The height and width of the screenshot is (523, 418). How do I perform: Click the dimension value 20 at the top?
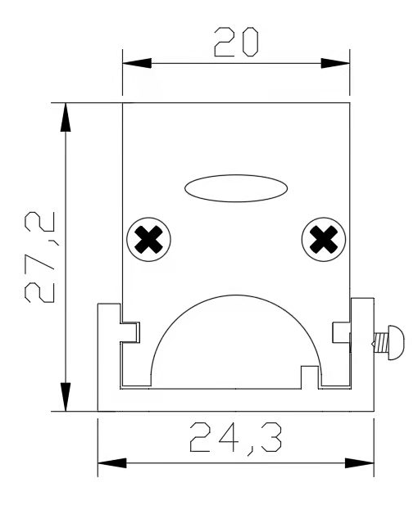tap(234, 41)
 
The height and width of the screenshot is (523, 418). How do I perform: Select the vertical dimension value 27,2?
tap(39, 257)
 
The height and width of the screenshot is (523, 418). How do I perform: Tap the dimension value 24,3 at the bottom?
tap(235, 440)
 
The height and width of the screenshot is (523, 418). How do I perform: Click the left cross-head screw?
tap(148, 240)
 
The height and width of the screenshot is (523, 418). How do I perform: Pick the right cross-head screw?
tap(325, 240)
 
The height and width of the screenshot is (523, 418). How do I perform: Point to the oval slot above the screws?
tap(236, 187)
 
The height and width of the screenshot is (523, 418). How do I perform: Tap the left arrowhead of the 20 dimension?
tap(136, 63)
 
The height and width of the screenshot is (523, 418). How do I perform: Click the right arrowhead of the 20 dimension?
tap(335, 63)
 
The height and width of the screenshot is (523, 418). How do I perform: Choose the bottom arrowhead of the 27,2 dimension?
tap(65, 396)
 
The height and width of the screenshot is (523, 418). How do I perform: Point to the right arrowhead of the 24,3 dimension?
tap(360, 462)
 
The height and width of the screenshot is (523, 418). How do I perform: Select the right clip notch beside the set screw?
tap(342, 331)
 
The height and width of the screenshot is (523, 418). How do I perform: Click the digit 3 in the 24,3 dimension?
tap(267, 439)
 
